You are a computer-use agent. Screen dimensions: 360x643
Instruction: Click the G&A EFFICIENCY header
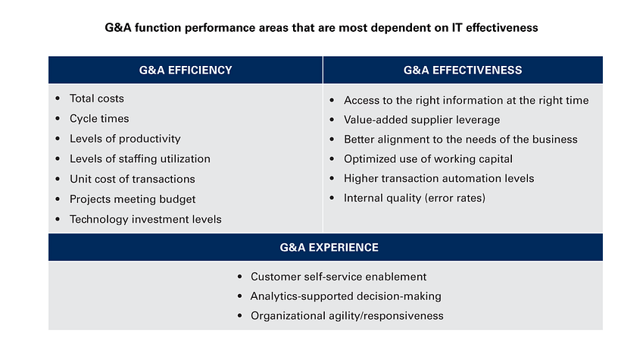186,70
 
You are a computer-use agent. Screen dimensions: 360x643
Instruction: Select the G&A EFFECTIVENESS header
462,70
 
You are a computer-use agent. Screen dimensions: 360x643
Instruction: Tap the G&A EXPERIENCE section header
325,248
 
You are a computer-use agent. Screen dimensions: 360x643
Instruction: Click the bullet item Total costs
96,99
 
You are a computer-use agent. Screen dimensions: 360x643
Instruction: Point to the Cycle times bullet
99,119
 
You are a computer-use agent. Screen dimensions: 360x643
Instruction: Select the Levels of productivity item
125,139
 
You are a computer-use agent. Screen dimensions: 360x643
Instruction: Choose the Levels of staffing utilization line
139,159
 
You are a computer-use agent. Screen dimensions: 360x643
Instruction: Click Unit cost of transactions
132,179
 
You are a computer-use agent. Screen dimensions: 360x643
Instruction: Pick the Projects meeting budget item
133,199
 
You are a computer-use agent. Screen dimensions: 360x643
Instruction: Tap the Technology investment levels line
145,219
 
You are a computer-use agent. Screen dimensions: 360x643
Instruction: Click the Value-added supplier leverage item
422,120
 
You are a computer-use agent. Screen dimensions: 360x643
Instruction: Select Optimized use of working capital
428,159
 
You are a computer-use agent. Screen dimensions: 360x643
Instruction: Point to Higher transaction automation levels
439,179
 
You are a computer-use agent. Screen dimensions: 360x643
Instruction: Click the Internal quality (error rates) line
414,199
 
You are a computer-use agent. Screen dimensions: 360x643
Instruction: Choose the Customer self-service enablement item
339,277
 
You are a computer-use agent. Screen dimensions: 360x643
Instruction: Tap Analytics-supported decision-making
345,296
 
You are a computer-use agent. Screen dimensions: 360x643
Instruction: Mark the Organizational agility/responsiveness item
347,316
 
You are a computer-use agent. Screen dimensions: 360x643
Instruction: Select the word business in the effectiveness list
555,139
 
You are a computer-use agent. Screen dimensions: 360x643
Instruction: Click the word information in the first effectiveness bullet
476,100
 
